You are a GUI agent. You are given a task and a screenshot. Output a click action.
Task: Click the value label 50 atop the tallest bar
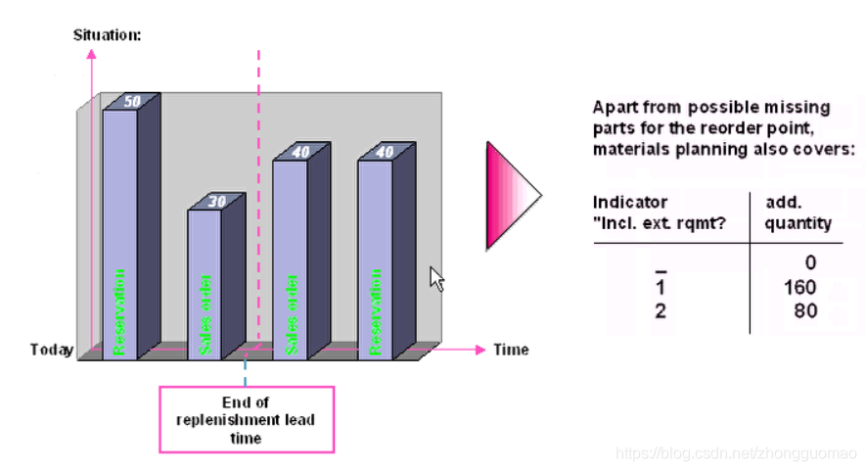tap(132, 101)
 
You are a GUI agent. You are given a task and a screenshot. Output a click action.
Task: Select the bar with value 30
tap(205, 284)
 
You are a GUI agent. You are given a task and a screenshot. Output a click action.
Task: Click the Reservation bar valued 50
tap(120, 235)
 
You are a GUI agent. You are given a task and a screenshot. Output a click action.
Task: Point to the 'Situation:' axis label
tap(107, 35)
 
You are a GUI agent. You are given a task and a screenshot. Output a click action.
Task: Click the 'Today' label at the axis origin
tap(51, 350)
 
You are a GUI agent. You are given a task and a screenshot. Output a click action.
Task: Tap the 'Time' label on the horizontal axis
tap(511, 350)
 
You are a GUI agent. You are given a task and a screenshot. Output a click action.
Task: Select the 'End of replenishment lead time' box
tap(246, 419)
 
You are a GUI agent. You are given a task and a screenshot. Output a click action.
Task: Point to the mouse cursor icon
tap(436, 278)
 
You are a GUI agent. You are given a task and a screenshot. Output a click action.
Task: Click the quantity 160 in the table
tap(799, 289)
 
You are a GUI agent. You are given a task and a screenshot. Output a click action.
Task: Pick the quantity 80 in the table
tap(806, 312)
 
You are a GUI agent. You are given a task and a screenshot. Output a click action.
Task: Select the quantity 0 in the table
tap(809, 263)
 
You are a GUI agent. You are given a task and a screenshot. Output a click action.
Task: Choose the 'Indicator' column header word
tap(629, 203)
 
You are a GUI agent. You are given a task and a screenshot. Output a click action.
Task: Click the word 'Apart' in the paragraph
tap(615, 107)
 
